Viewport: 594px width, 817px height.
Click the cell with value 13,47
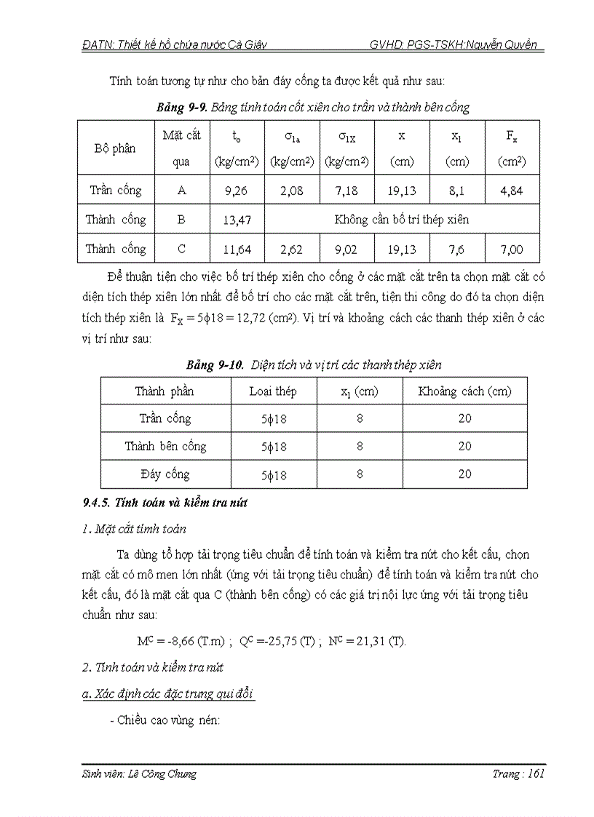tap(237, 220)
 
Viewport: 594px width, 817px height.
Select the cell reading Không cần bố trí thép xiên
tap(401, 219)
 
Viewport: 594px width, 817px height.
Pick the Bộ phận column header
tap(115, 148)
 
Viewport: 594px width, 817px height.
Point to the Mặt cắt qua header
tap(181, 148)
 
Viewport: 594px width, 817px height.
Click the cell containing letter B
tap(181, 220)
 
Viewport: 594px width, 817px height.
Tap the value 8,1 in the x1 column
tap(457, 191)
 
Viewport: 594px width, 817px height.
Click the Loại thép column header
tap(273, 391)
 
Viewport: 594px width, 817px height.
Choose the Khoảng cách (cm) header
tap(464, 391)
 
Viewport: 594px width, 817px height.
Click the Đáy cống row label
tap(165, 474)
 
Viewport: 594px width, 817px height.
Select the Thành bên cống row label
tap(165, 446)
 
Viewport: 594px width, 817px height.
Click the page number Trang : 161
tap(518, 774)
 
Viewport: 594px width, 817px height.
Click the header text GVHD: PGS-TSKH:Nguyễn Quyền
tap(453, 44)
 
